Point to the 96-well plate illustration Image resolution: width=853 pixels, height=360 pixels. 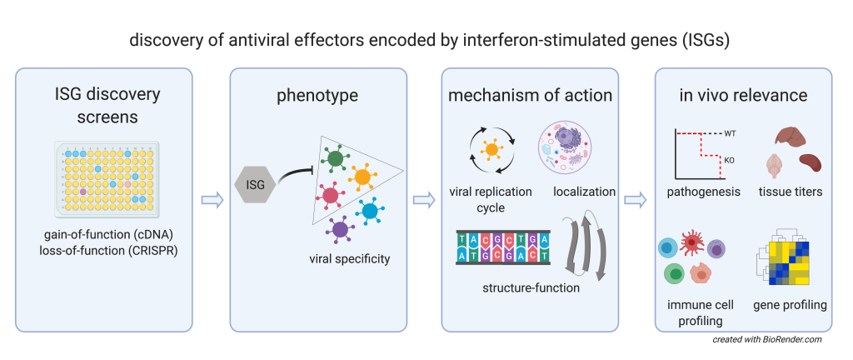(107, 178)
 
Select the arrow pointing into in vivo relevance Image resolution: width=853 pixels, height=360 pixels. (636, 200)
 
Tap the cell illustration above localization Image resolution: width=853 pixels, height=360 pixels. (570, 149)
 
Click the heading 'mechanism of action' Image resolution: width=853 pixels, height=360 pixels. (530, 95)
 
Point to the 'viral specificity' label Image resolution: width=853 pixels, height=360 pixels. (349, 259)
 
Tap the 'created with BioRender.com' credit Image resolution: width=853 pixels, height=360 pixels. (767, 340)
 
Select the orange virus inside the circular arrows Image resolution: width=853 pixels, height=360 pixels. (491, 150)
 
